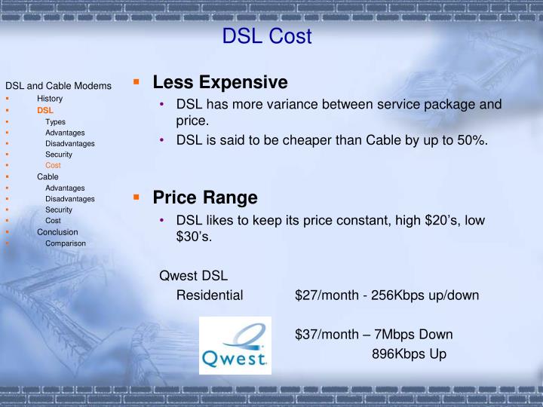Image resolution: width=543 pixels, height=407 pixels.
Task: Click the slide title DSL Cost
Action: pos(267,36)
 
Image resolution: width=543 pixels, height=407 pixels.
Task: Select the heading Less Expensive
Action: pos(220,81)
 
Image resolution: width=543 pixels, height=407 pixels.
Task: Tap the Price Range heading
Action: pos(205,197)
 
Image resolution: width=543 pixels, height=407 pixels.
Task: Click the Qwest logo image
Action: pos(235,345)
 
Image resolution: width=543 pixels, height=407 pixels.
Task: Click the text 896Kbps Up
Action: pos(409,353)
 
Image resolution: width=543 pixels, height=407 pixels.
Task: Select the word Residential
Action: pos(210,295)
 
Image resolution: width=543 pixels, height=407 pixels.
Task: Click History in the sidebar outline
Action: pos(50,99)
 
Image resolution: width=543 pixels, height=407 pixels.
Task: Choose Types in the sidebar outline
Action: pos(55,121)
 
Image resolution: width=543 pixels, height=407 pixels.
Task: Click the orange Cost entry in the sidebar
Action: pos(53,165)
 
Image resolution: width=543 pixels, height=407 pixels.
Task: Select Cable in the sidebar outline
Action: pos(48,176)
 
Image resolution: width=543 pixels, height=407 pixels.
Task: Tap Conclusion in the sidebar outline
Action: pos(57,232)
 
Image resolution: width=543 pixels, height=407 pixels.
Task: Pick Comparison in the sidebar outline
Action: pos(65,243)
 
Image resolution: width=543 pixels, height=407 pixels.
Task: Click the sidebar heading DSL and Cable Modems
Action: pos(58,86)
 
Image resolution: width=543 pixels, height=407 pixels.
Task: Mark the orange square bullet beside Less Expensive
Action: pos(137,81)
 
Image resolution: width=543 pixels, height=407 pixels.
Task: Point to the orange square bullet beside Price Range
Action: pos(137,197)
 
